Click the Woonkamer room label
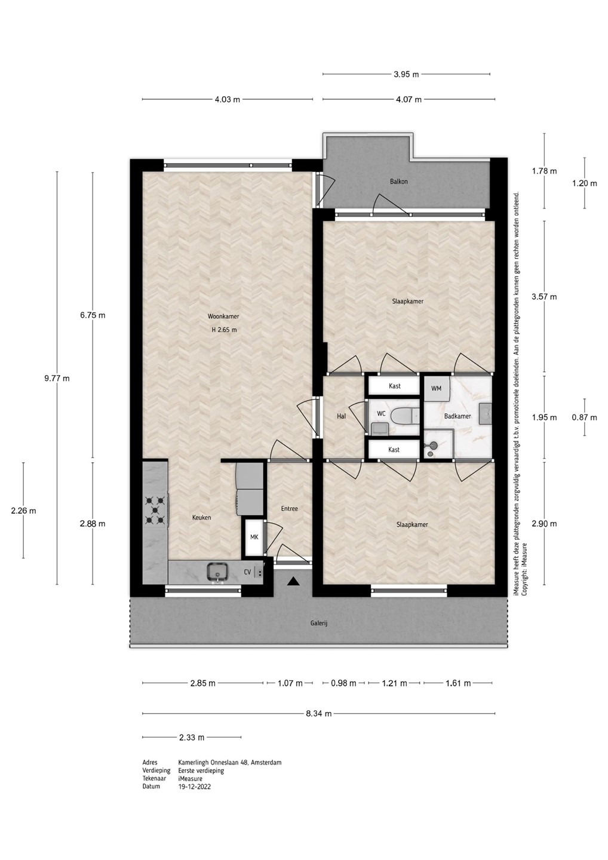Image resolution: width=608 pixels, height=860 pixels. [223, 317]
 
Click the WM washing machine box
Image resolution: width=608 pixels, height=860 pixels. [436, 389]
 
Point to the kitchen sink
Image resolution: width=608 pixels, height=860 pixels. [218, 572]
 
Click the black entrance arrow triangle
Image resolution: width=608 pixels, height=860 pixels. [293, 582]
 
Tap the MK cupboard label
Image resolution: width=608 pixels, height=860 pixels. [254, 537]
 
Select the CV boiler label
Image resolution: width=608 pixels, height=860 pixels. [248, 572]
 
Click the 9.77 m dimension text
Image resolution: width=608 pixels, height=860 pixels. [57, 379]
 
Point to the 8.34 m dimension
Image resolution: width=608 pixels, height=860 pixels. [318, 714]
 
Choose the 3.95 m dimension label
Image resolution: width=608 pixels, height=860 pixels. [406, 75]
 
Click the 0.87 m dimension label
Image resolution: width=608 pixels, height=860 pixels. [585, 417]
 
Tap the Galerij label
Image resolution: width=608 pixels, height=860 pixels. [319, 623]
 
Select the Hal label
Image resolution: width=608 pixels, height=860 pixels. [341, 416]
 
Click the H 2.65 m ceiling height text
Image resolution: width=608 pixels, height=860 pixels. [224, 330]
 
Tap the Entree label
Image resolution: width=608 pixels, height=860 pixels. [290, 509]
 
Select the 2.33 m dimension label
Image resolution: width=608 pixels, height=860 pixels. [192, 737]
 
